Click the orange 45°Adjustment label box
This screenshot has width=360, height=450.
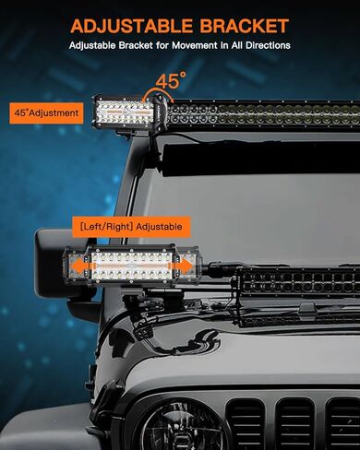(x=46, y=112)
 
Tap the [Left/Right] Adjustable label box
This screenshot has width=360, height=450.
(x=129, y=226)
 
